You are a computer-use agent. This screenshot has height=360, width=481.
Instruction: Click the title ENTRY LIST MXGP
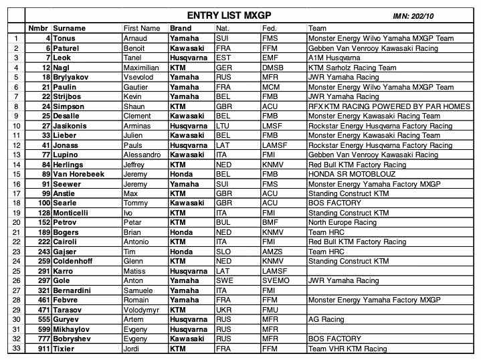[x=229, y=15]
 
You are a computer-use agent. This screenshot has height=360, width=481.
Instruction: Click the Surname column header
[x=70, y=28]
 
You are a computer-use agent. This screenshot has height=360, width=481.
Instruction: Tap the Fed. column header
[x=269, y=28]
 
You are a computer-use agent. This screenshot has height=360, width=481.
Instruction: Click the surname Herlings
[x=69, y=165]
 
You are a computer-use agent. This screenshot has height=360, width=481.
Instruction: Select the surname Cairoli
[x=66, y=242]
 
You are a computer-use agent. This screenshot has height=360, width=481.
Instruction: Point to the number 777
[x=43, y=339]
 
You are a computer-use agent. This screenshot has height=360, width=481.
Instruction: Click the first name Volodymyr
[x=143, y=310]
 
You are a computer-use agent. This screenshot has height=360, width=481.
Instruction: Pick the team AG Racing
[x=326, y=319]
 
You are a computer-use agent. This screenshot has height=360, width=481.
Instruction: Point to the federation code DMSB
[x=273, y=68]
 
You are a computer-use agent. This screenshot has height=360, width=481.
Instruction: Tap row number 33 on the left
[x=15, y=348]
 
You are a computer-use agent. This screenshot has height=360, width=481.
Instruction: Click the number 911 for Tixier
[x=43, y=348]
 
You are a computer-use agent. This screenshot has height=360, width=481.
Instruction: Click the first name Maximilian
[x=140, y=68]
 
